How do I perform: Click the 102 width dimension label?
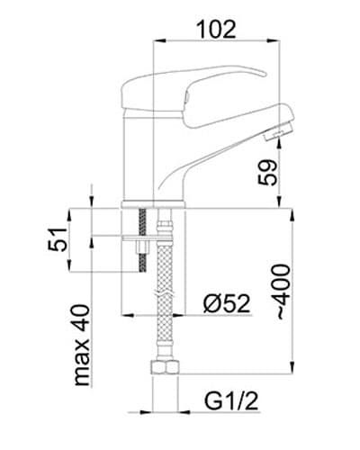(216, 30)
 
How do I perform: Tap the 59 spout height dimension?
(267, 173)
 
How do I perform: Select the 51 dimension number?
(58, 239)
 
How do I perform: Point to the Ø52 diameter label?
(227, 303)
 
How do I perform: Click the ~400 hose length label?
(283, 292)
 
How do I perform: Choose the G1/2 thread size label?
(231, 401)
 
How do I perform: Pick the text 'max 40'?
(81, 345)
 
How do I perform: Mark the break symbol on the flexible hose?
(164, 293)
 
